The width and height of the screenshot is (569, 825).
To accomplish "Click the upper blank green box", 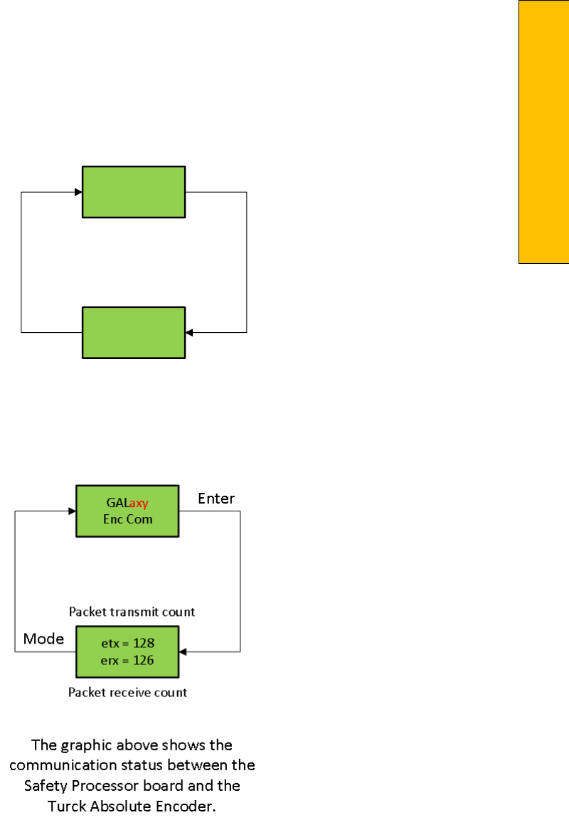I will coord(134,191).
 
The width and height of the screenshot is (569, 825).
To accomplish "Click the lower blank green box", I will coord(134,332).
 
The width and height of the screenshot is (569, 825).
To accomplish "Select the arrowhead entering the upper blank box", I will coord(78,191).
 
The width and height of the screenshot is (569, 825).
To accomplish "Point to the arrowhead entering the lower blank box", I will coord(189,332).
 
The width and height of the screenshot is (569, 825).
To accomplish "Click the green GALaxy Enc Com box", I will coord(127,511).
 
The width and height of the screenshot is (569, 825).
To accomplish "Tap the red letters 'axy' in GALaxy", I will coord(139,504).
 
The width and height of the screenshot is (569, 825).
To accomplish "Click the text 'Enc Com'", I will coord(127,519).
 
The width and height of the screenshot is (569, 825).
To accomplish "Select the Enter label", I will coord(216,498).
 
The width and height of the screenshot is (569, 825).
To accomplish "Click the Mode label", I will coord(43,639).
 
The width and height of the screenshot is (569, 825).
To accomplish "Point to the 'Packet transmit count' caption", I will coord(132,611).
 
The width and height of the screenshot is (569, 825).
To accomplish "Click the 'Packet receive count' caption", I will coord(128,691).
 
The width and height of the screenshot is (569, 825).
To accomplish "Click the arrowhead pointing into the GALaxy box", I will coord(72,511).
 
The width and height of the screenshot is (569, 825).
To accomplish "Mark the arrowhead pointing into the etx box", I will coord(184,651).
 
